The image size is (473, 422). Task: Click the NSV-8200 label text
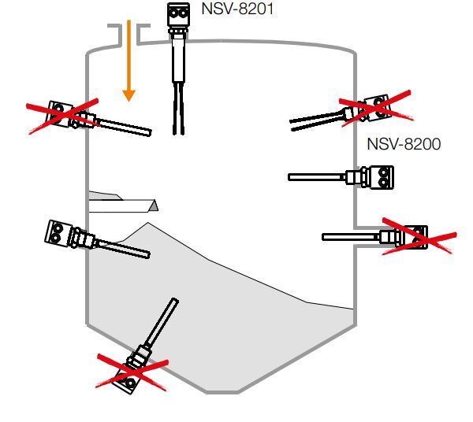click(x=404, y=145)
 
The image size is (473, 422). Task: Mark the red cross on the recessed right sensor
click(x=419, y=235)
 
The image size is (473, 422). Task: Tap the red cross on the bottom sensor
click(x=132, y=371)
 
